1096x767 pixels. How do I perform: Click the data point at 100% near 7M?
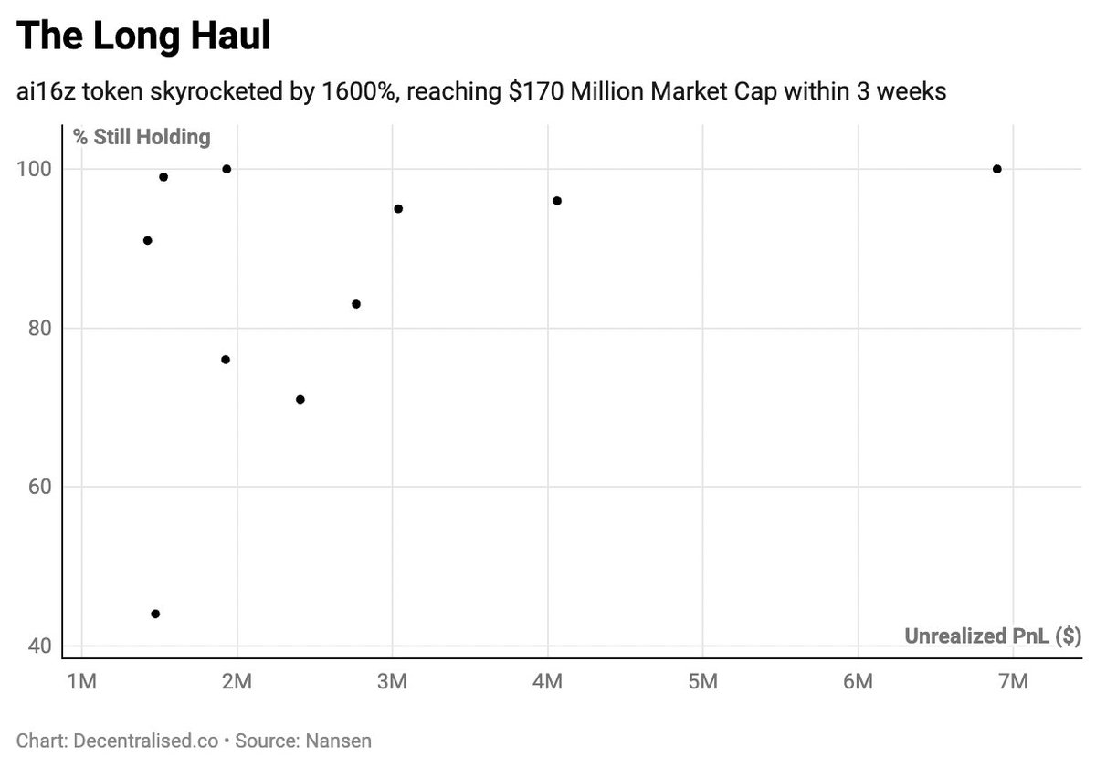point(996,169)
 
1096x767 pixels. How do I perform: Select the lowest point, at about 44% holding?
point(155,614)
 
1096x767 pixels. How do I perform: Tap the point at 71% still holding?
point(300,399)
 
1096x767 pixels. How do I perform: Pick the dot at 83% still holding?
point(356,304)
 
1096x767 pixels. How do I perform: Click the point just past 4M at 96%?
point(557,201)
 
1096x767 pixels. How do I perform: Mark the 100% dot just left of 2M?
point(227,169)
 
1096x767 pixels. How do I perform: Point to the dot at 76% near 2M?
point(226,360)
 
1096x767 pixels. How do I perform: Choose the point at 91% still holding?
point(147,240)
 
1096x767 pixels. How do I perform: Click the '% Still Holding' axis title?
point(142,138)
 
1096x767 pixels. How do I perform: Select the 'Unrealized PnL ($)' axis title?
point(993,636)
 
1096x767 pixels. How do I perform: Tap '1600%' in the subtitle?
point(346,92)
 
